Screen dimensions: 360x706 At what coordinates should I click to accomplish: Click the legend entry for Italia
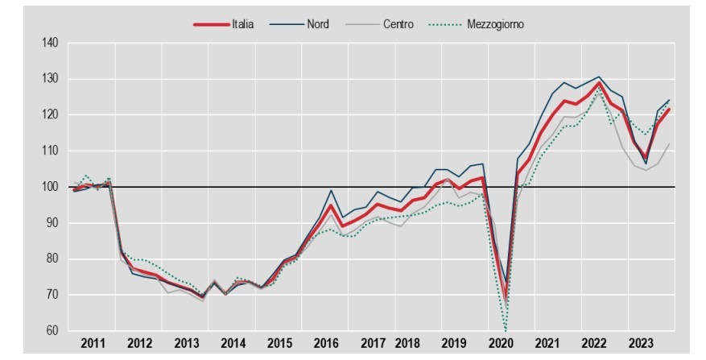click(x=239, y=24)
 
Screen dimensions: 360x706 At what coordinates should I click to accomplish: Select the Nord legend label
click(x=317, y=24)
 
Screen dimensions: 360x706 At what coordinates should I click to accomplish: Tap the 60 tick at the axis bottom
click(x=53, y=330)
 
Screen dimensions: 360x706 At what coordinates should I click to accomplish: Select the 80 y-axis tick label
click(x=53, y=259)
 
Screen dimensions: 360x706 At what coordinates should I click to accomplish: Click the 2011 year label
click(x=93, y=342)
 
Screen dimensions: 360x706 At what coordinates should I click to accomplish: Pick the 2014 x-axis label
click(x=233, y=342)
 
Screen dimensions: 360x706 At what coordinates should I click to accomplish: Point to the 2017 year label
click(x=373, y=342)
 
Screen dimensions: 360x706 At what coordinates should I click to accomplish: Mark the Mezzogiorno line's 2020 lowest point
click(x=506, y=330)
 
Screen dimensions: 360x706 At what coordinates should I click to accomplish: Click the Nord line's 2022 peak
click(x=598, y=77)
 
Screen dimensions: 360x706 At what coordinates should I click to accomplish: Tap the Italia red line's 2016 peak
click(x=331, y=205)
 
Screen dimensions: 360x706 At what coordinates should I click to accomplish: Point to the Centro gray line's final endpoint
click(x=669, y=143)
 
